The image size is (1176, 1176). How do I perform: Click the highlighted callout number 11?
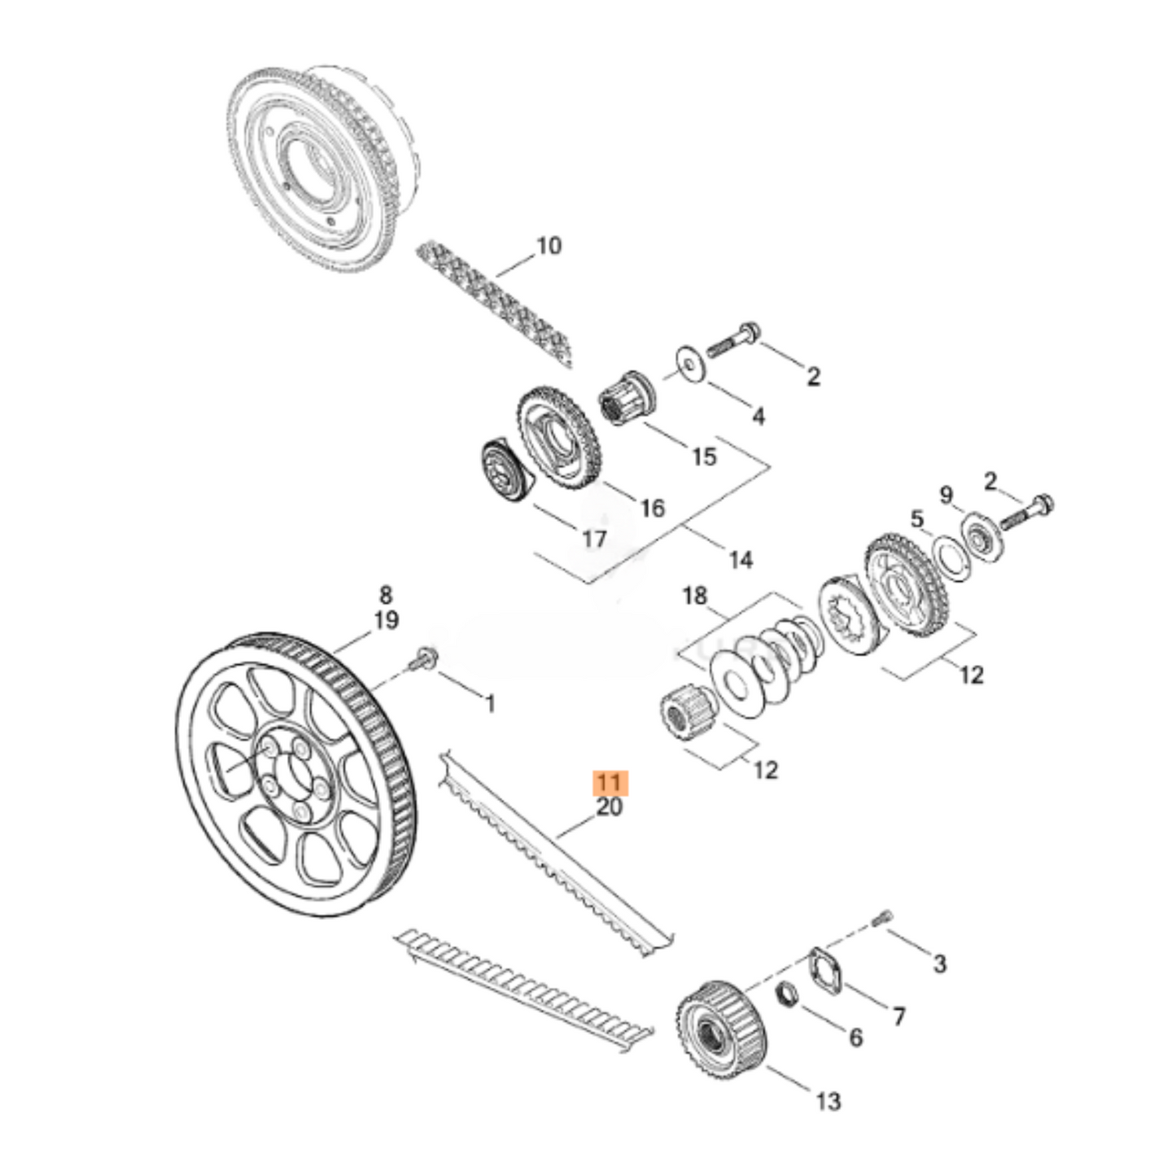(610, 783)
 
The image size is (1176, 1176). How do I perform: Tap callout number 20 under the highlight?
(610, 807)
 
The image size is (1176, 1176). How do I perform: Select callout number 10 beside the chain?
(549, 245)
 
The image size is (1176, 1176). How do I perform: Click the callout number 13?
(828, 1102)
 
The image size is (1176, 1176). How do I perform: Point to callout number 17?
(595, 539)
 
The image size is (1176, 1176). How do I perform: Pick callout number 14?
(741, 560)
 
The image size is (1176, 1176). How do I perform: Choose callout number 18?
(694, 597)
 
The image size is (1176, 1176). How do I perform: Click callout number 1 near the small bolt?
(490, 703)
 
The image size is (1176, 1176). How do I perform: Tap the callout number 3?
(939, 964)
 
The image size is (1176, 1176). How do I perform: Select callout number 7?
(898, 1016)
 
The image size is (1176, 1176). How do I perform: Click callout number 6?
(855, 1038)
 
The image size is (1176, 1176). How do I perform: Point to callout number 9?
(946, 495)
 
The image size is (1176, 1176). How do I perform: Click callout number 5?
(917, 518)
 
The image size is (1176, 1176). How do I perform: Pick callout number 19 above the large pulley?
(386, 620)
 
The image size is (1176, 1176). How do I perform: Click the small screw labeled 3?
(880, 920)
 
